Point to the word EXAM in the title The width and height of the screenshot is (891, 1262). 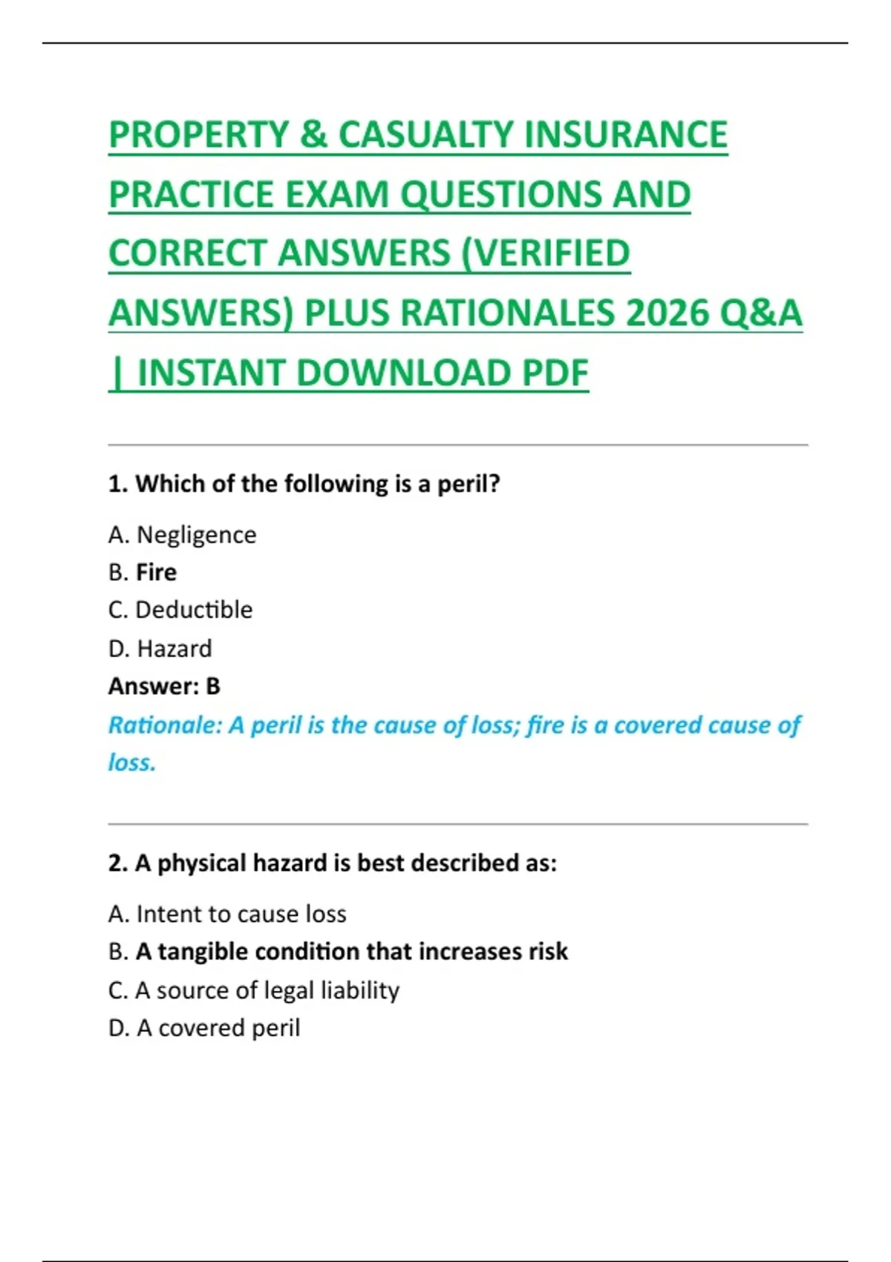pos(337,194)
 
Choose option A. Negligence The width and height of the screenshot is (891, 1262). pos(183,534)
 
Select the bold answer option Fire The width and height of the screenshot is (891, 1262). pos(156,572)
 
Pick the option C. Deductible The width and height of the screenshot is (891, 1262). pos(180,610)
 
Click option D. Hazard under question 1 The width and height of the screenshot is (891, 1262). pos(160,649)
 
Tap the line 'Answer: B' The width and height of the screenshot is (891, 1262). pos(164,687)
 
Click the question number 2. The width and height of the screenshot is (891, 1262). pos(117,863)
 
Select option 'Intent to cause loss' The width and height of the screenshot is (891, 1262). pos(241,914)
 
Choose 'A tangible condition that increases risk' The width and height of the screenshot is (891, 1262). pos(351,952)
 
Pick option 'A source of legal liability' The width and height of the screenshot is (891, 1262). pos(267,990)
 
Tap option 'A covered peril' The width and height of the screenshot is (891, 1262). pos(218,1028)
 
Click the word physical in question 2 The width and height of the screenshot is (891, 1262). pos(202,863)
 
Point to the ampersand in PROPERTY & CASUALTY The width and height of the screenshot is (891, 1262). pos(313,134)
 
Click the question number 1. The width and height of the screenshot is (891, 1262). pos(117,484)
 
